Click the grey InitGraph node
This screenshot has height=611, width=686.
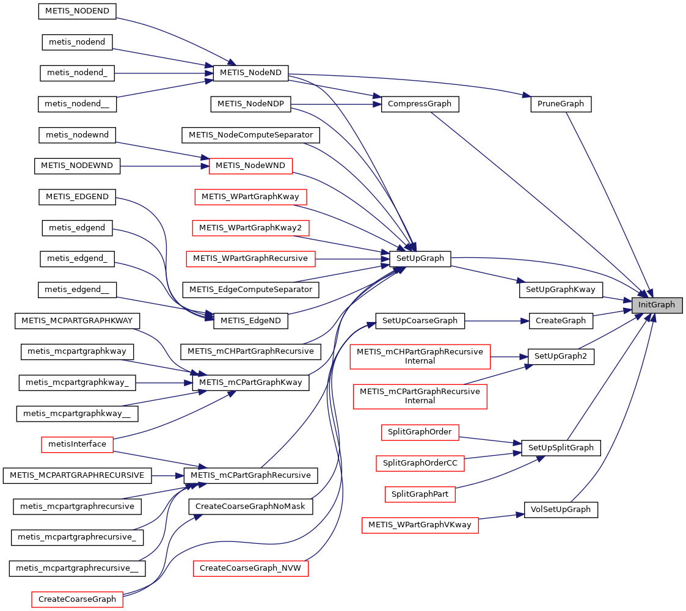(x=657, y=304)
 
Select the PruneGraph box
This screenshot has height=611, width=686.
(x=560, y=104)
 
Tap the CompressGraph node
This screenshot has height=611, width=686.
(x=419, y=104)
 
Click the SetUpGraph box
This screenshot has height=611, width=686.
(x=420, y=258)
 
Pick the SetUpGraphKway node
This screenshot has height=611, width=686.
(x=561, y=290)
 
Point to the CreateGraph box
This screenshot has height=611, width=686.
(x=560, y=320)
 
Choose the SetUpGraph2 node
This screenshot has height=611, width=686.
(x=561, y=356)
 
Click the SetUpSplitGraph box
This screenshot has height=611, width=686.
(x=561, y=447)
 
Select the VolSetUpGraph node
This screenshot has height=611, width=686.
(x=560, y=509)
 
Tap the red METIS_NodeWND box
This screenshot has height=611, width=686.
(x=250, y=166)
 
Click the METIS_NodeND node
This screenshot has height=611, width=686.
(x=250, y=73)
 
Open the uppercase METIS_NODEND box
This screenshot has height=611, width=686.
(x=77, y=10)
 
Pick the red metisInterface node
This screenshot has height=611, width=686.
(x=77, y=444)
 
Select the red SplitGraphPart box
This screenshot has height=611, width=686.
(x=420, y=494)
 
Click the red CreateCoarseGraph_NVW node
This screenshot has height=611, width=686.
(x=250, y=568)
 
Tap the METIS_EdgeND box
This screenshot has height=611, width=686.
(x=250, y=320)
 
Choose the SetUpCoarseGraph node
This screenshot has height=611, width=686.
(x=420, y=320)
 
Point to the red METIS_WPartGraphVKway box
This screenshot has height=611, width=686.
(x=420, y=525)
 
